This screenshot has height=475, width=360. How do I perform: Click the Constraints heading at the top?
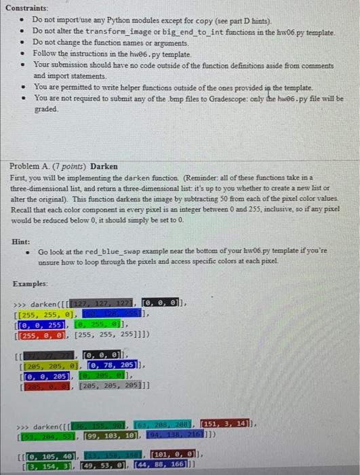(x=28, y=7)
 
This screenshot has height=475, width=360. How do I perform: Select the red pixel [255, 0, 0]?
(x=42, y=335)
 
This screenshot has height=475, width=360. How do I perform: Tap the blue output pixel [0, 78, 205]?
(x=111, y=364)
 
